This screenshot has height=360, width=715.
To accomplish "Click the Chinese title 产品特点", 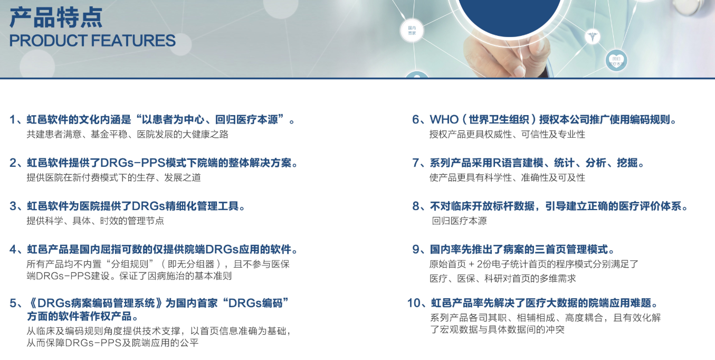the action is click(56, 17).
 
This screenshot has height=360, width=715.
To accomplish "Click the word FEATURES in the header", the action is click(134, 41).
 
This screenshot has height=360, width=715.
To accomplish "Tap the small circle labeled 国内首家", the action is click(412, 31).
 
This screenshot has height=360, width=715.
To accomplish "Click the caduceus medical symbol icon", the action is click(593, 37).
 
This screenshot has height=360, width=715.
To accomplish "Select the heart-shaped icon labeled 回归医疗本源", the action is click(616, 61).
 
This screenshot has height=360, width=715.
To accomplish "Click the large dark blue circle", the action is click(509, 14).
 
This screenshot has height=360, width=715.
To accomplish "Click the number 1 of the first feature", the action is click(13, 120).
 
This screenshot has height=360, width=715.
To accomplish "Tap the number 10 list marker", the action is click(414, 303).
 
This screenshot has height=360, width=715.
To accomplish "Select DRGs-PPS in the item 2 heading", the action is click(132, 163).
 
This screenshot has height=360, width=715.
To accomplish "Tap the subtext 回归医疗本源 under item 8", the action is click(459, 221).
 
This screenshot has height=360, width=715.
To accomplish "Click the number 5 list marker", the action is click(13, 303).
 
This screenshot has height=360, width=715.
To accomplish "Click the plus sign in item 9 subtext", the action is click(472, 264).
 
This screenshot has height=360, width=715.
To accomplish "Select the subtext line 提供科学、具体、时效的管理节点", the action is click(95, 221).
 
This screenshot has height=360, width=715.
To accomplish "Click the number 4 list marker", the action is click(13, 250).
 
